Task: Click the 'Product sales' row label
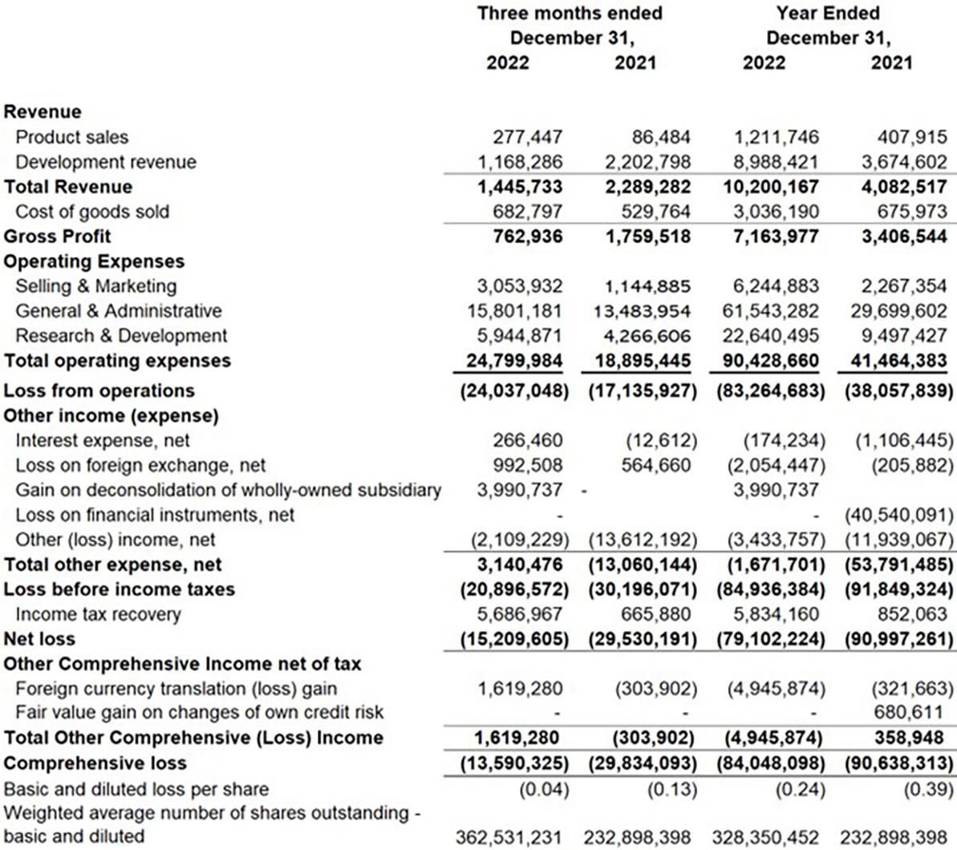[71, 137]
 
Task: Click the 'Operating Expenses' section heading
[94, 261]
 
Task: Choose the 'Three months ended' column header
[570, 14]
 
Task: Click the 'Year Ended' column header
[827, 14]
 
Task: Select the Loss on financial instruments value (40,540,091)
[898, 515]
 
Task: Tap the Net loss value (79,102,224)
[768, 639]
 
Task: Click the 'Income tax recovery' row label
[98, 614]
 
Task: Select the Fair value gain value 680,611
[910, 712]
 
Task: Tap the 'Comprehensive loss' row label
[95, 763]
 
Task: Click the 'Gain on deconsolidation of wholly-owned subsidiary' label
[228, 490]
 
